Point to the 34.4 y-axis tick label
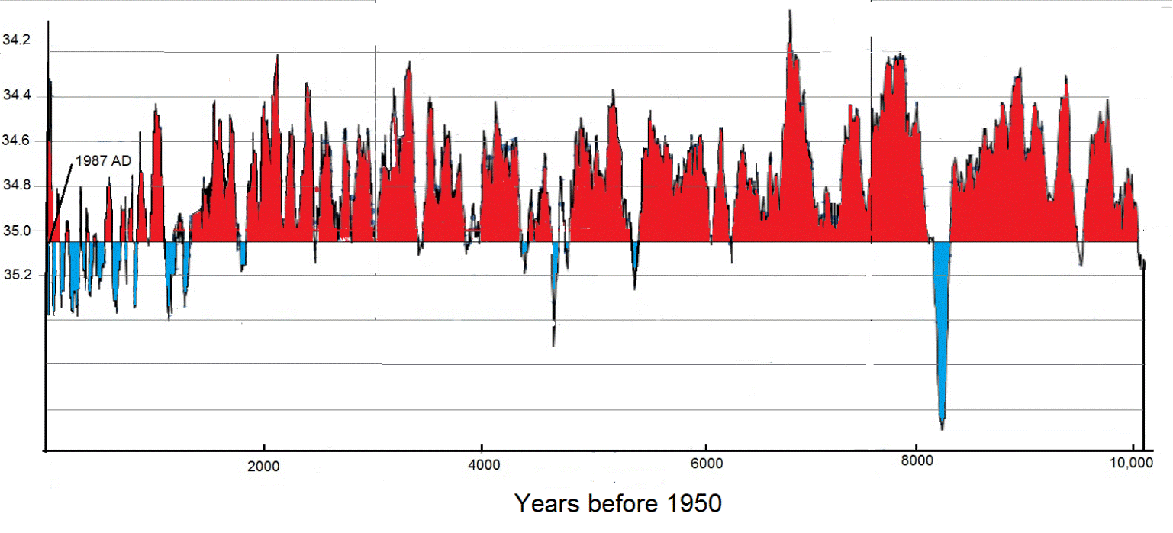coord(16,96)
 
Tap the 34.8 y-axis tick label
coord(16,186)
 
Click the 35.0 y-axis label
coord(16,231)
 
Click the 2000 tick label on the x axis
coord(263,465)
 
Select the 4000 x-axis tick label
coord(481,465)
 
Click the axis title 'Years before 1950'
coord(617,504)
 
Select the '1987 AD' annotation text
coord(103,160)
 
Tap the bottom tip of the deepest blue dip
coord(943,428)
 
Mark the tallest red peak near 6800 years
coord(790,12)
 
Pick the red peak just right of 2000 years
coord(276,56)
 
